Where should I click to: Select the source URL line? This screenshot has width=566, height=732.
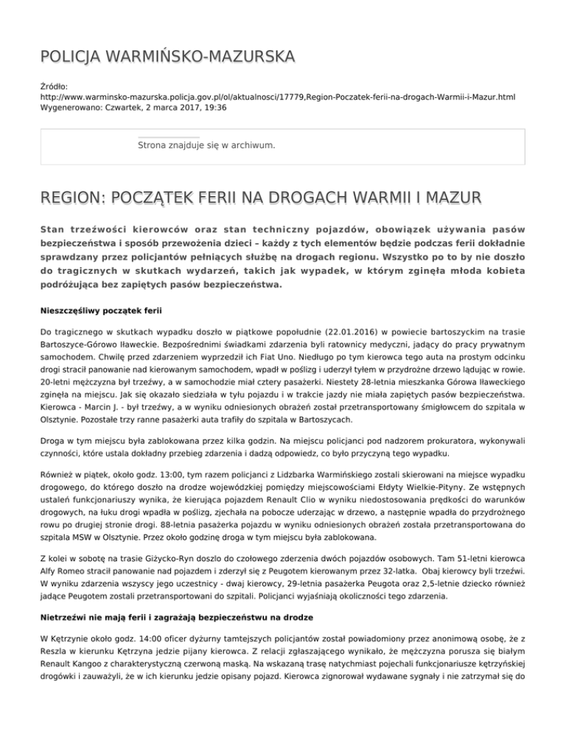(278, 96)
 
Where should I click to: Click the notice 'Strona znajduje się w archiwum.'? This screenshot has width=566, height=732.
(206, 146)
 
